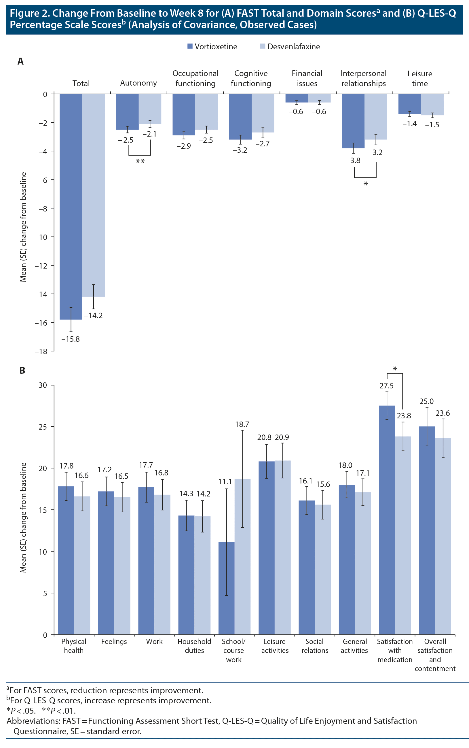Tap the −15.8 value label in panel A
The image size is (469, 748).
71,339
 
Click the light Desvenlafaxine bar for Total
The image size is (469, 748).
93,196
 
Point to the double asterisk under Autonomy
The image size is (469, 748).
140,161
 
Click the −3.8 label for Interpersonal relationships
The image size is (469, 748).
353,160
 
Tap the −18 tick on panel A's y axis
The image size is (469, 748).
41,351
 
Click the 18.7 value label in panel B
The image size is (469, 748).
242,424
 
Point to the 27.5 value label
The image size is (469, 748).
386,386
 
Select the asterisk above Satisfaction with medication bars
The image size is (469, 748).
394,369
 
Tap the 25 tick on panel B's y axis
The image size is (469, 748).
43,427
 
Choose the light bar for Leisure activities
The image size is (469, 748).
282,546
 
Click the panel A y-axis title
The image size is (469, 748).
23,227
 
